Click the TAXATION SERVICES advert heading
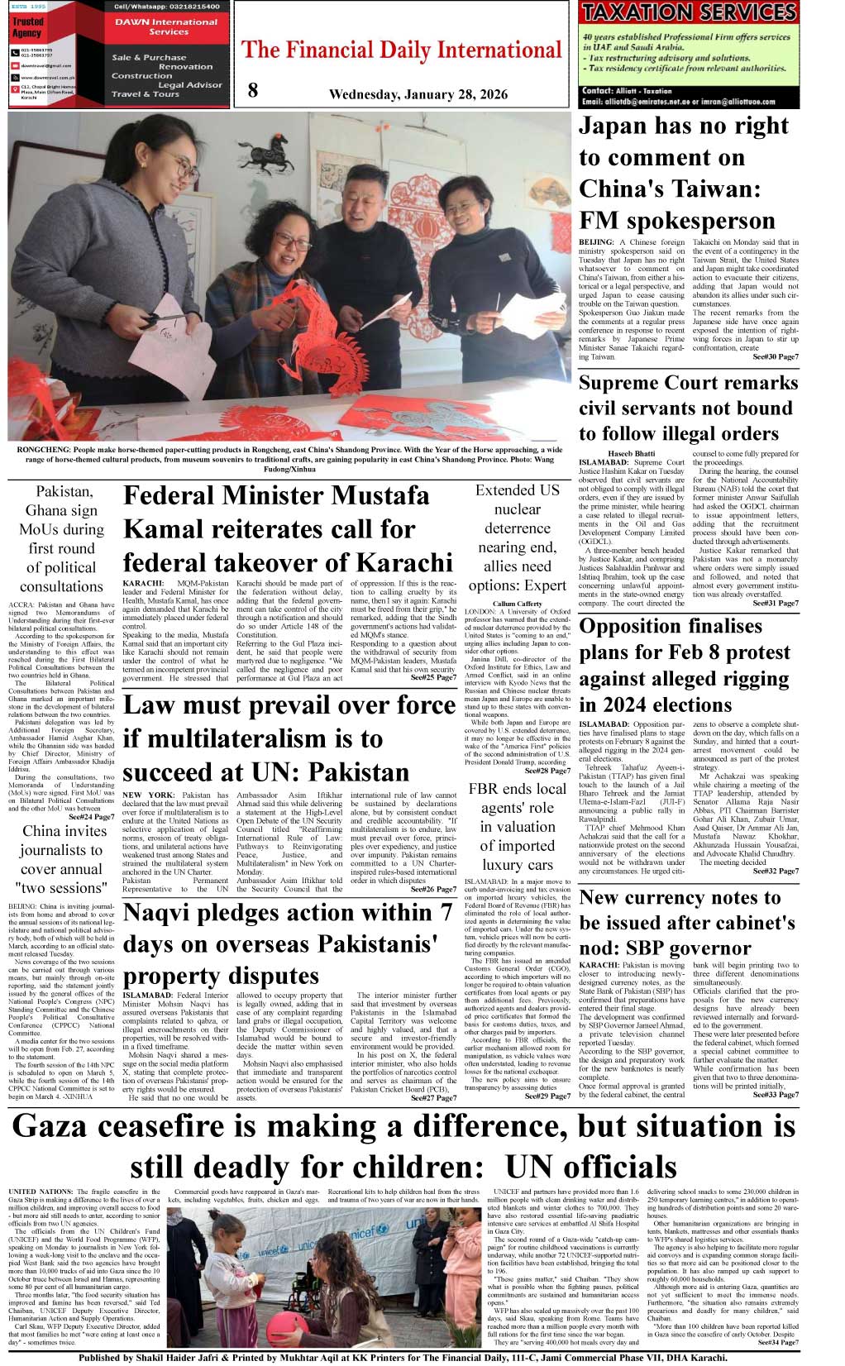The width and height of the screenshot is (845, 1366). (x=688, y=12)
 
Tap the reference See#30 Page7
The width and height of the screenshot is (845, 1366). (x=776, y=356)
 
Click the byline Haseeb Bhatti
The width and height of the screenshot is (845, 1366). (x=631, y=453)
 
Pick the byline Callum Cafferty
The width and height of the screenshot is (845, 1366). (x=517, y=604)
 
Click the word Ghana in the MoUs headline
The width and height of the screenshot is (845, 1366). (x=45, y=510)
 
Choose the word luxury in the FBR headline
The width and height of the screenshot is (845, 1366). (x=499, y=865)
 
